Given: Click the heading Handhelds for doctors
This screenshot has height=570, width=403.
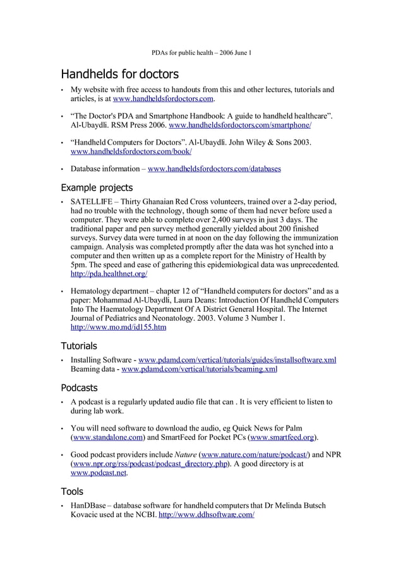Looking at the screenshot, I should tap(119, 74).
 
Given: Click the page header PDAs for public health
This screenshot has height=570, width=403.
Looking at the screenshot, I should tap(201, 52).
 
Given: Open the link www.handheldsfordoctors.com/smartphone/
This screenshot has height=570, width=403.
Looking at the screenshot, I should tap(241, 126).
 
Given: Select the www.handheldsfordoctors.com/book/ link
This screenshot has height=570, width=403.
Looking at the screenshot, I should tap(131, 152).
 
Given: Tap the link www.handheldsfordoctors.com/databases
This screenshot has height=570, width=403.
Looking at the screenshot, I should tap(214, 169).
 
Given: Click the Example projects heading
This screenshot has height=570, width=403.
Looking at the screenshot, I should tap(97, 187).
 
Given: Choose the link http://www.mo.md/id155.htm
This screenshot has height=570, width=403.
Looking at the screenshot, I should tap(118, 328).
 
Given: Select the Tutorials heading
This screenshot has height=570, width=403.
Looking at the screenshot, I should tap(79, 346).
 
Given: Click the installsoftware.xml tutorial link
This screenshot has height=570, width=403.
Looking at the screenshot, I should tap(237, 360).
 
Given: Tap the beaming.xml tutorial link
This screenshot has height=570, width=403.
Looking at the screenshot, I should tap(200, 369).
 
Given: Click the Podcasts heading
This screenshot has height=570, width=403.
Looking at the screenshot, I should tap(79, 388).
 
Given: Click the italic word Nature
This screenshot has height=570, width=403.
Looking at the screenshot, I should tap(185, 454).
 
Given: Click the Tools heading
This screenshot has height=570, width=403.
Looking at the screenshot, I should tap(72, 491).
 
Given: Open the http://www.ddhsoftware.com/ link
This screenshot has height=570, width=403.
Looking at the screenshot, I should tap(207, 514).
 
